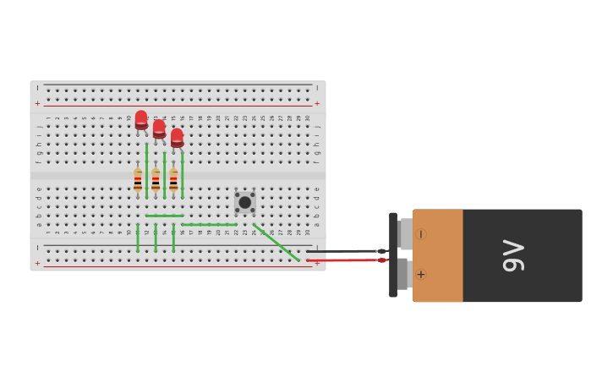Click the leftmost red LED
pyautogui.click(x=141, y=120)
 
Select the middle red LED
pyautogui.click(x=159, y=129)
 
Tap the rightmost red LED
pyautogui.click(x=177, y=137)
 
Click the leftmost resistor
pyautogui.click(x=138, y=180)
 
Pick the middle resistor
pyautogui.click(x=156, y=180)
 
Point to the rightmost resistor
pyautogui.click(x=173, y=180)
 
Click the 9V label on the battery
pyautogui.click(x=513, y=255)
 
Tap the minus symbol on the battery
pyautogui.click(x=421, y=234)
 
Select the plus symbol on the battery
pyautogui.click(x=421, y=274)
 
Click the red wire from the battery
pyautogui.click(x=342, y=260)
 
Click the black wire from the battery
pyautogui.click(x=342, y=251)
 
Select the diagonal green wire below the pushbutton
pyautogui.click(x=276, y=243)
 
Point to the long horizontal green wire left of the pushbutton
pyautogui.click(x=209, y=225)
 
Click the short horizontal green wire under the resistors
pyautogui.click(x=164, y=216)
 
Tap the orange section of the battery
pyautogui.click(x=438, y=255)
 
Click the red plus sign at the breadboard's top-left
pyautogui.click(x=37, y=103)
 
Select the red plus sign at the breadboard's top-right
pyautogui.click(x=317, y=103)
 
